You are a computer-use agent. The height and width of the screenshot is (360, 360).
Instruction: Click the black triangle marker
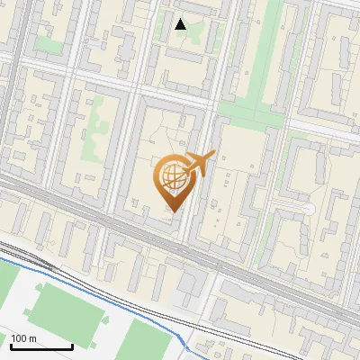[181, 24]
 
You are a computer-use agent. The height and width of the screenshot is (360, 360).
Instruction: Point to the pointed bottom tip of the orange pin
[171, 211]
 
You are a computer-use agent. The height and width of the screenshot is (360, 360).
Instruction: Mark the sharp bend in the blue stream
[184, 339]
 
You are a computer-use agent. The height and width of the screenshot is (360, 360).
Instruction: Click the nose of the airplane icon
[214, 155]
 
